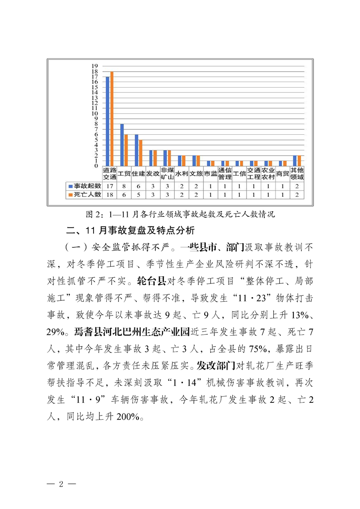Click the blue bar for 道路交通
point(108,121)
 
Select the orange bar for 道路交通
point(112,119)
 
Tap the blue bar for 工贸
point(122,145)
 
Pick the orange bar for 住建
point(141,153)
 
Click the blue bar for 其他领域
point(295,161)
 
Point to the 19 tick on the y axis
point(95,66)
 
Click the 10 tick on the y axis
point(95,113)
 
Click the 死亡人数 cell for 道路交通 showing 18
point(109,195)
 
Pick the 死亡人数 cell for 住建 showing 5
point(138,195)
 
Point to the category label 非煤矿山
point(167,173)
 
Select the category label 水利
point(182,173)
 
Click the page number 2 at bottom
point(60,483)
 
